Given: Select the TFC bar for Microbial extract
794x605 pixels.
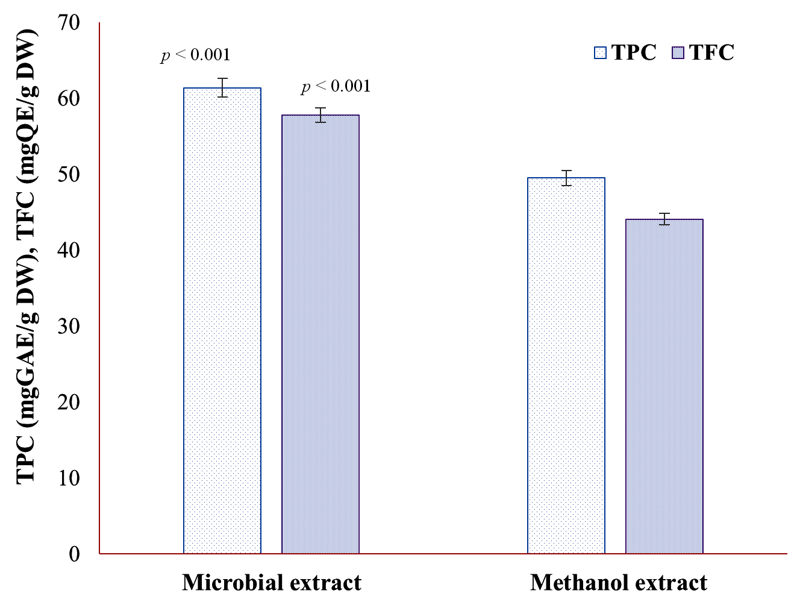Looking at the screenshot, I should click(320, 334).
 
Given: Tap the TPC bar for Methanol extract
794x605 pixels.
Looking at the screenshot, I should click(566, 365).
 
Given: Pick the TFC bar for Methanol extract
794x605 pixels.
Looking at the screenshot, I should click(664, 386).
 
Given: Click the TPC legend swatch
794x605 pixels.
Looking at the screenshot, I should click(600, 53).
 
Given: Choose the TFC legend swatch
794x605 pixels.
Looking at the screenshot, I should click(678, 53).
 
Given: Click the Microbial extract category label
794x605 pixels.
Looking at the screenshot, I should click(272, 583).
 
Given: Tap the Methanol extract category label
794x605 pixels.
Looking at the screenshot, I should click(619, 583).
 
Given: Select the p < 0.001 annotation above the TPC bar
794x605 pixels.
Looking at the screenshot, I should click(196, 55).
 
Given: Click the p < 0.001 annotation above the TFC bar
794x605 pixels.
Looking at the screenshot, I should click(336, 87).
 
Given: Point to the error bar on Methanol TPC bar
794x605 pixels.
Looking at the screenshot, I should click(566, 178).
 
